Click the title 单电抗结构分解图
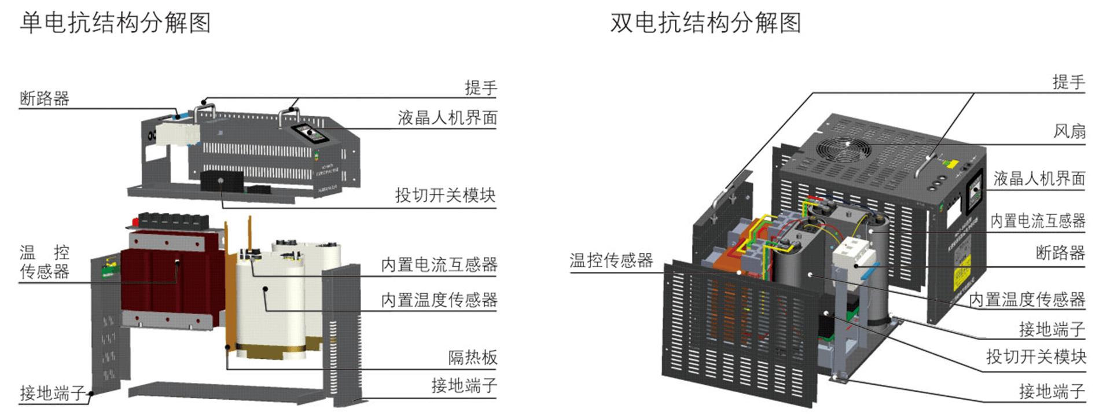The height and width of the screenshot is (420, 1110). pos(115,23)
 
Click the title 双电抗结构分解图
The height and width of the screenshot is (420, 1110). pos(705,23)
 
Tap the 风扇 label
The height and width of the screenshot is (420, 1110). pos(1069,131)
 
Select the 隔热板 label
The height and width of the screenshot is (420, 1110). pos(473,357)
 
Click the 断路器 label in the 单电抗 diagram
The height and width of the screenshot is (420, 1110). pos(45,98)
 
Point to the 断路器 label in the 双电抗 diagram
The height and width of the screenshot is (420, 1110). pos(1060,253)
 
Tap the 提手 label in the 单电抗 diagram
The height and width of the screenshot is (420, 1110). pos(481,87)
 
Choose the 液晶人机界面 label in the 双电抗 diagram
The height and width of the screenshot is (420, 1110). pos(1039,178)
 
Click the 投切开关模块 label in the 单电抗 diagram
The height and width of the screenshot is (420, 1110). pos(445,195)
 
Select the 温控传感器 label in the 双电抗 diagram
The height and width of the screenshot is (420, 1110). pos(611,260)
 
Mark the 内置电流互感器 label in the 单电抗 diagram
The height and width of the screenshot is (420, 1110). pos(439,264)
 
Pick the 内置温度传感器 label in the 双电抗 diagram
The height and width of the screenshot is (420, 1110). pos(1027,299)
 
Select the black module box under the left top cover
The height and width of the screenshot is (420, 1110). pos(221,181)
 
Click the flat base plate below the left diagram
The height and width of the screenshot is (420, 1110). pos(226,392)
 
